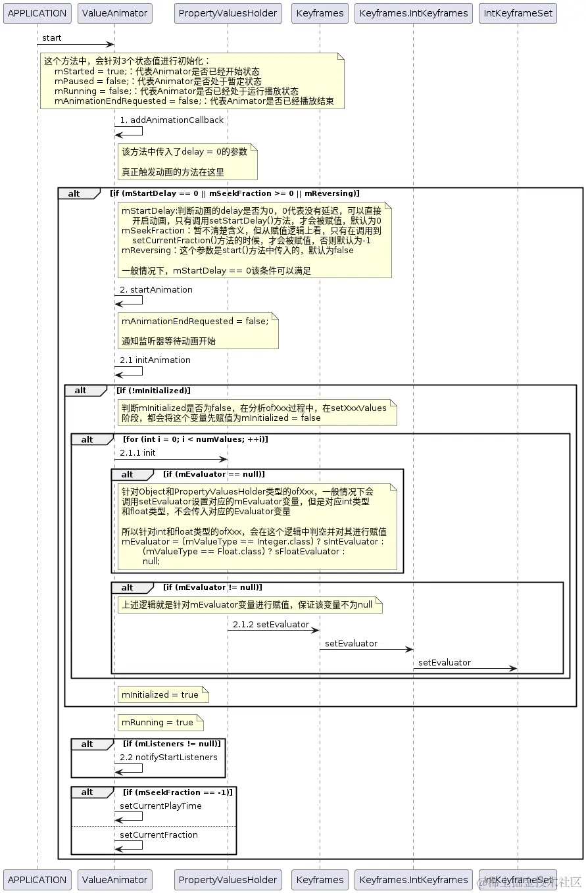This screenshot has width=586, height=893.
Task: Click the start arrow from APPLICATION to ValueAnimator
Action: click(75, 45)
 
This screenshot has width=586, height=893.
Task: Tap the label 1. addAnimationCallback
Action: click(172, 120)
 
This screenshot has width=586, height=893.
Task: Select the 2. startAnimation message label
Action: click(156, 290)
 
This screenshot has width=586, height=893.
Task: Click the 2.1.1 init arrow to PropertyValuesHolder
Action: click(171, 459)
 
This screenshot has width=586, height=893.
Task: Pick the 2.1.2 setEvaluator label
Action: click(271, 625)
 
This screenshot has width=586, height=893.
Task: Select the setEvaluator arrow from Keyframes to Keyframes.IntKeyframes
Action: click(366, 650)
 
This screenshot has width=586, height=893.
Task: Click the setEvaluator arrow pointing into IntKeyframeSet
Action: click(465, 669)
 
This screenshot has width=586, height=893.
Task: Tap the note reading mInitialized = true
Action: click(163, 694)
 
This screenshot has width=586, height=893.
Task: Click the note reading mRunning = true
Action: click(160, 723)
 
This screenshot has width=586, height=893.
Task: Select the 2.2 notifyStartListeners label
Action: click(168, 758)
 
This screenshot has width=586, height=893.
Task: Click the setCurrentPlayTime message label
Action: click(160, 806)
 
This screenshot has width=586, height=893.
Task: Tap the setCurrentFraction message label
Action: click(159, 835)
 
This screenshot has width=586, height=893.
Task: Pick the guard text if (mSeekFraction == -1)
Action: click(178, 792)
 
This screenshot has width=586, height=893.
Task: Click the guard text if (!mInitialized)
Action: click(153, 391)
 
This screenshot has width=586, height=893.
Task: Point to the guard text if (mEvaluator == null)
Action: click(214, 475)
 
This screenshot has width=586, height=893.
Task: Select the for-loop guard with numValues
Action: click(195, 439)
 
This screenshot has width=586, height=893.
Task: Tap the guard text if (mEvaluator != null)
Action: click(212, 587)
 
